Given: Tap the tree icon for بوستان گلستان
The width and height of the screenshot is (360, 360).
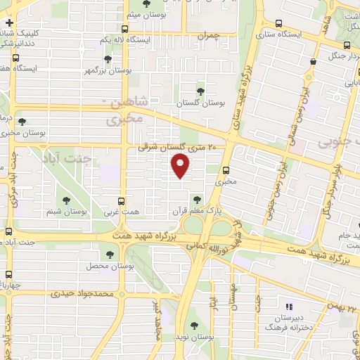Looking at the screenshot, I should (200, 91).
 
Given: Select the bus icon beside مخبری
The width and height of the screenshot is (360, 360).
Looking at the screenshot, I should (226, 169).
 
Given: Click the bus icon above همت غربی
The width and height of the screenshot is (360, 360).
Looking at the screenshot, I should (122, 200).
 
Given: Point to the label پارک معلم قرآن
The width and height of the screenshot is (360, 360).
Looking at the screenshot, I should (189, 210).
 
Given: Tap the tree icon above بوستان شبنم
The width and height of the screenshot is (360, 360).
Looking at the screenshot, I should (67, 199).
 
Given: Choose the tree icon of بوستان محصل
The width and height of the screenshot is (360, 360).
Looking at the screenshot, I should (110, 255).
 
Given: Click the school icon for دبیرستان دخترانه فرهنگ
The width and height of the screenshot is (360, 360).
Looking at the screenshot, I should (288, 307).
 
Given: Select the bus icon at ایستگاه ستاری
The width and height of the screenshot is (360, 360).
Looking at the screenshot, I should (279, 22).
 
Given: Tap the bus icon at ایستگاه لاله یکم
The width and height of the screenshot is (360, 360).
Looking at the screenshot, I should (124, 29).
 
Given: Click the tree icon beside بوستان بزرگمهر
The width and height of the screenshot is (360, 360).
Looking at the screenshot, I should (107, 59).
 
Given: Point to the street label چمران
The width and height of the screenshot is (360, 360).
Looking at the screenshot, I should (209, 35).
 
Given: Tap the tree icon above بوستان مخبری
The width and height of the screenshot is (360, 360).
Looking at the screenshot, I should (21, 121).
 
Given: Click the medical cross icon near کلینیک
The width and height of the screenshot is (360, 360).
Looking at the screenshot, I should (8, 24).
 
